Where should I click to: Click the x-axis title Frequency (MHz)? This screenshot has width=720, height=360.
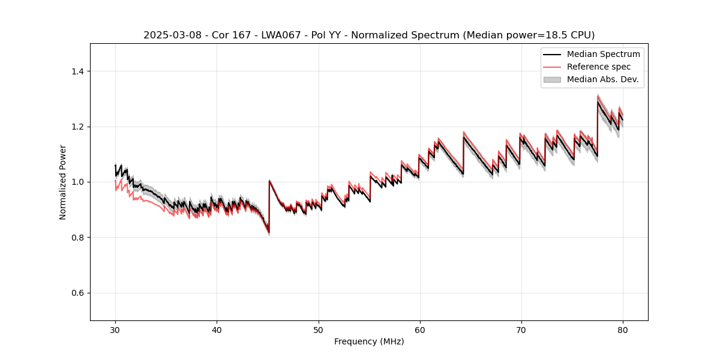click(369, 341)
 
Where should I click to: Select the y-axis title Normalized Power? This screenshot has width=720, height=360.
click(63, 182)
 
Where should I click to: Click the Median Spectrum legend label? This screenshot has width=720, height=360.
click(603, 54)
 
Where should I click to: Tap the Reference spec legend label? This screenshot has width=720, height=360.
click(599, 67)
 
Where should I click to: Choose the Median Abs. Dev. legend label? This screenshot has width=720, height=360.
click(602, 79)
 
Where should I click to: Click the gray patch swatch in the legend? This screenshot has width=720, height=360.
click(552, 79)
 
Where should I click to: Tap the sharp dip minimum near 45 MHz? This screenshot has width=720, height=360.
click(269, 232)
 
